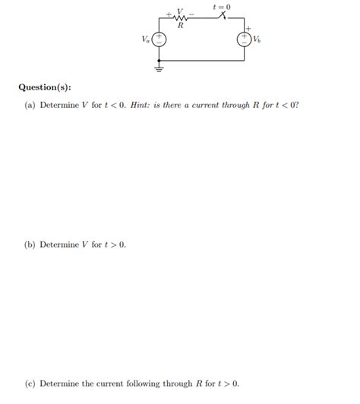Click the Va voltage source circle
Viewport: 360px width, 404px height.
pos(160,39)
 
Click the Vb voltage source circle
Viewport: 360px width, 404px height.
pos(244,39)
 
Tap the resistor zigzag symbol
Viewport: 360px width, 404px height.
pos(180,18)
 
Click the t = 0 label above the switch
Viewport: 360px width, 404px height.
pos(223,7)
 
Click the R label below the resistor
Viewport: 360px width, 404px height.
pos(180,26)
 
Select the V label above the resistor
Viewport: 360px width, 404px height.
pos(180,11)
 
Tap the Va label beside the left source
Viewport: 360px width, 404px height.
pos(146,39)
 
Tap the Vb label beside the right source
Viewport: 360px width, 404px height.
pos(258,39)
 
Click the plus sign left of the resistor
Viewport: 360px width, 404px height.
pos(169,13)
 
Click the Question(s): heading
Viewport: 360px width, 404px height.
pos(45,87)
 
